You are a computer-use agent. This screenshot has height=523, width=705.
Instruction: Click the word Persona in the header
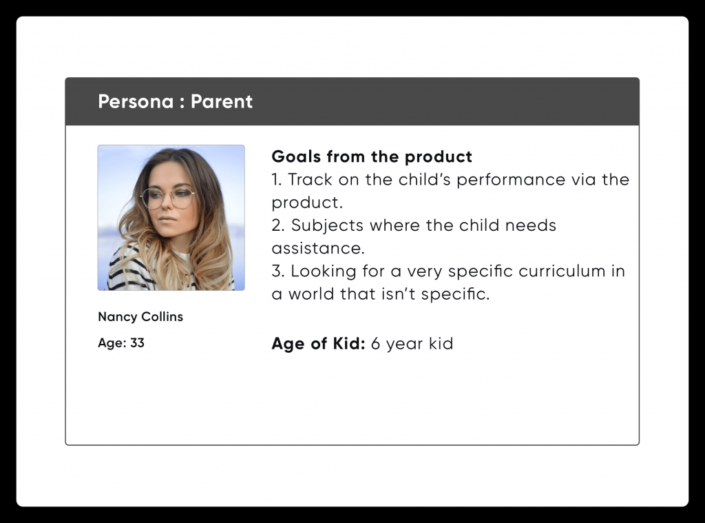(x=136, y=102)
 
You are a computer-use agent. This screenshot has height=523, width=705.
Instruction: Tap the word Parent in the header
(x=222, y=102)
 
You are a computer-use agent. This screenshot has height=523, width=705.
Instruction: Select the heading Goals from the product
(x=372, y=156)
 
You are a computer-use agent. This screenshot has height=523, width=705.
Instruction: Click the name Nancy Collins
(x=140, y=317)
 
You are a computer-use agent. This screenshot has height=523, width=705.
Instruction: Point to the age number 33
(x=137, y=343)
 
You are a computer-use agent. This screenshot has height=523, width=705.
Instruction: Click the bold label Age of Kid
(x=318, y=343)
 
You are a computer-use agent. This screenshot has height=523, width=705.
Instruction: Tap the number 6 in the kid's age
(x=375, y=344)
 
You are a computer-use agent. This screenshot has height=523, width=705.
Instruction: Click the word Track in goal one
(x=310, y=180)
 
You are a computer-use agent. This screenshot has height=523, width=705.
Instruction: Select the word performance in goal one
(x=511, y=181)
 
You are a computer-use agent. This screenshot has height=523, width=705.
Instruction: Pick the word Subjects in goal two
(x=327, y=226)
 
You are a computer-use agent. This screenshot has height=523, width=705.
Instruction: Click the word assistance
(x=318, y=249)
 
